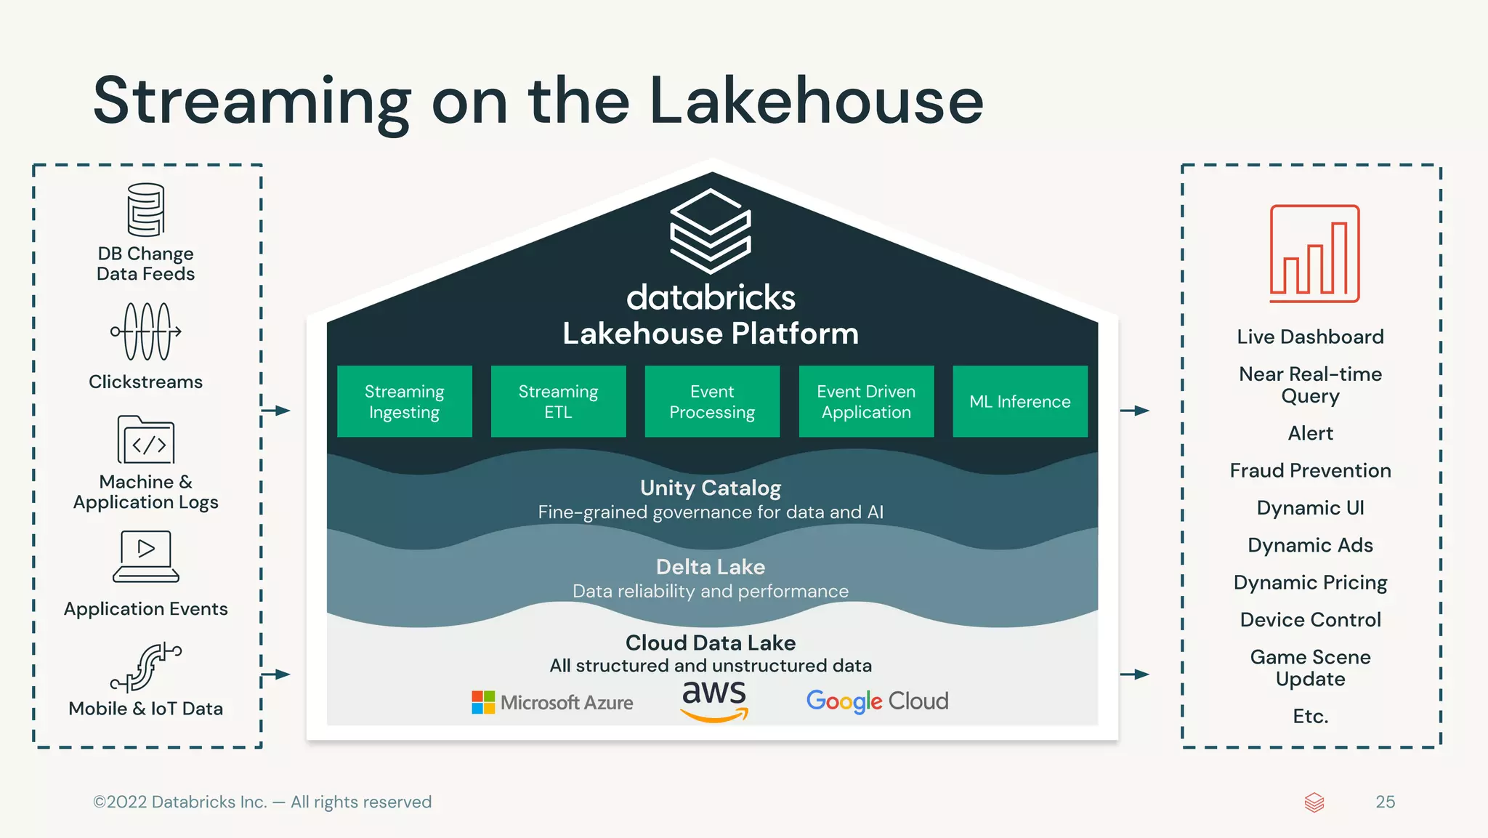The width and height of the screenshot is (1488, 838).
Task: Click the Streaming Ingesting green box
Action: pos(404,401)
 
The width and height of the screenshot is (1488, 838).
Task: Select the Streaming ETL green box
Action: pos(558,401)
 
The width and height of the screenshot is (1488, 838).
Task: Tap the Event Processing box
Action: pos(712,401)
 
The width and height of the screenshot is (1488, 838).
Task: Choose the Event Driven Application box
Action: pos(866,401)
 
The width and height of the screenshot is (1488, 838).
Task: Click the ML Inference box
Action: pos(1020,401)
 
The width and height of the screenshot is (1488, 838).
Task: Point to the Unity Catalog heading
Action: pos(711,488)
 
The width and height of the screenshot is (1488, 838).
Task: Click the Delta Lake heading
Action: pos(711,567)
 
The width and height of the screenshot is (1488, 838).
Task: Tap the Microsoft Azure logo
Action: pos(552,702)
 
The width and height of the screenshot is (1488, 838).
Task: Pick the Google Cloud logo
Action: pos(877,701)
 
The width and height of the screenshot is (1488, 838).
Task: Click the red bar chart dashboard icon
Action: pos(1314,254)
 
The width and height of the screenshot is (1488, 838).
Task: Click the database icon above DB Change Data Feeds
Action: pos(146,209)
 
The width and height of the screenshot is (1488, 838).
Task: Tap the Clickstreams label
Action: pos(145,382)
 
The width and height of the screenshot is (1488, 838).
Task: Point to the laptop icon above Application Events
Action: pos(146,556)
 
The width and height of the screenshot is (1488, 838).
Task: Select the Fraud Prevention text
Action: pos(1310,470)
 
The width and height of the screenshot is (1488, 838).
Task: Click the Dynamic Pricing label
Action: pos(1310,582)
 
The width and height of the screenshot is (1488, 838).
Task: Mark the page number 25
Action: pos(1385,802)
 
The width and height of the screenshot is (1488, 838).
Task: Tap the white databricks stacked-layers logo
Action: pos(710,231)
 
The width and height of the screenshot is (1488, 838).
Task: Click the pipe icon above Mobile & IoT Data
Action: pos(146,666)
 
